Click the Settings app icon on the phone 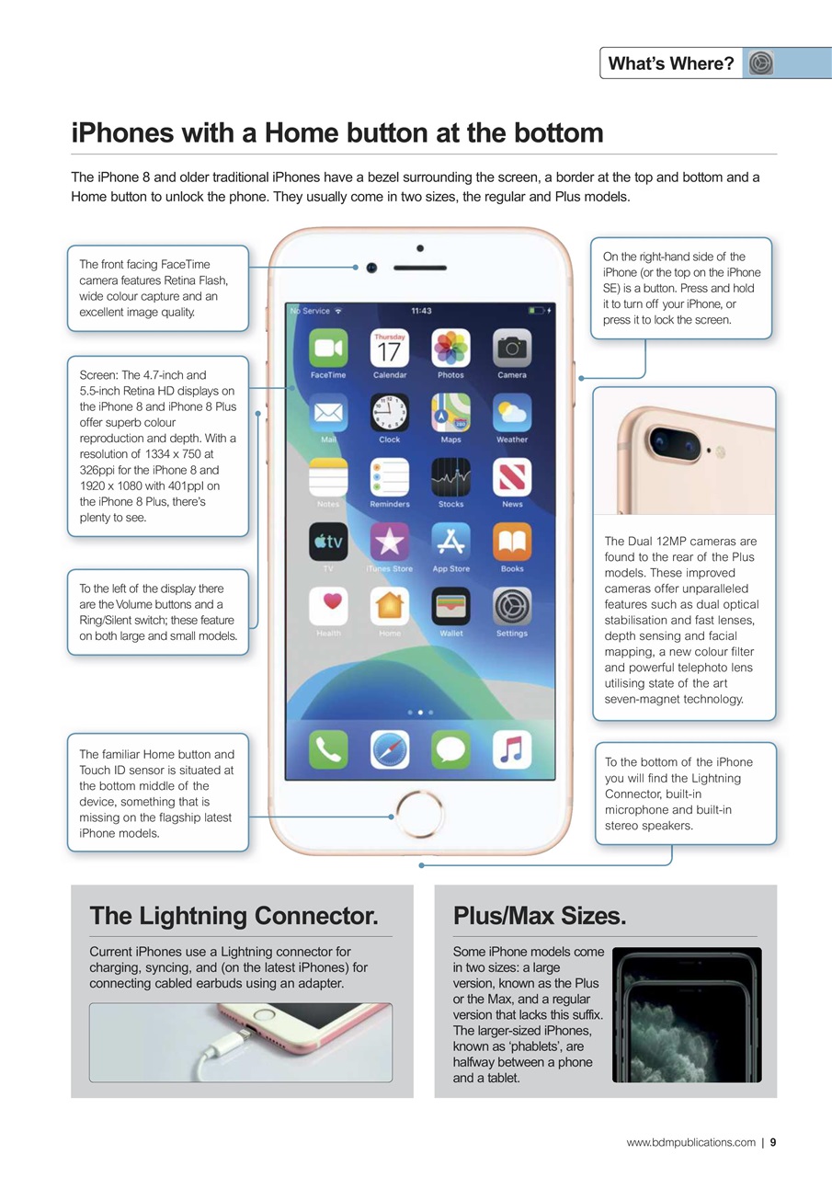click(512, 607)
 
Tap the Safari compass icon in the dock click(390, 749)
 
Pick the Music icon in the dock click(512, 749)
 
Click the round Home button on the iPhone click(421, 815)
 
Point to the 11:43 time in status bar click(421, 311)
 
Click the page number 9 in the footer click(773, 1142)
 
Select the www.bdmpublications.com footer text click(690, 1142)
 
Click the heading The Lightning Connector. click(234, 916)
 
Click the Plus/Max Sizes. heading click(540, 916)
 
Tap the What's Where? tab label click(670, 63)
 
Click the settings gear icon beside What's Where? click(760, 63)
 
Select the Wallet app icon click(451, 607)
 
